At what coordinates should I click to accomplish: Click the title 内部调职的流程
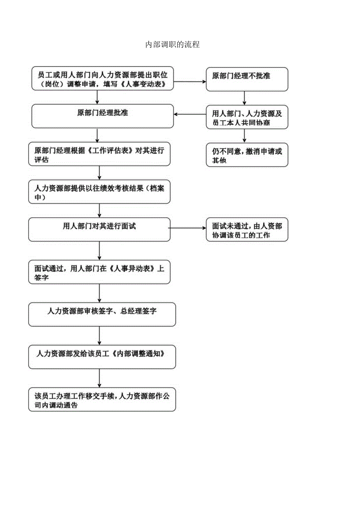pyautogui.click(x=173, y=45)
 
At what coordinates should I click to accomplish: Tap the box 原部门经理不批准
pyautogui.click(x=247, y=79)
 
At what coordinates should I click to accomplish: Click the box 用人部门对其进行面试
pyautogui.click(x=99, y=229)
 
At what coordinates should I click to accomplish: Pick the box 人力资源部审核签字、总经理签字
pyautogui.click(x=102, y=314)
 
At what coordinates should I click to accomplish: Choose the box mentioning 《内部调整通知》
pyautogui.click(x=102, y=356)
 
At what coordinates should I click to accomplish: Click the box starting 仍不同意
pyautogui.click(x=247, y=155)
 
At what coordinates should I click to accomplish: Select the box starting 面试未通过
pyautogui.click(x=247, y=230)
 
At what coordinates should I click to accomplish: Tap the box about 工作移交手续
pyautogui.click(x=102, y=399)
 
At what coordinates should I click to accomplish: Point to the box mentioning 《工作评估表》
pyautogui.click(x=99, y=154)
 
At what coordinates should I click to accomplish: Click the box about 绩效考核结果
pyautogui.click(x=99, y=192)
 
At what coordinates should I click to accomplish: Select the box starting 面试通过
pyautogui.click(x=99, y=272)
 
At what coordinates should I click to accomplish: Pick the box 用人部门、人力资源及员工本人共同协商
pyautogui.click(x=247, y=117)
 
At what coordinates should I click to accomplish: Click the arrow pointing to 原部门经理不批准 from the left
pyautogui.click(x=190, y=82)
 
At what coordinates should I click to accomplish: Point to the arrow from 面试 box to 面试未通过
pyautogui.click(x=188, y=228)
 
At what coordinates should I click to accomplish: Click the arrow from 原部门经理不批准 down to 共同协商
pyautogui.click(x=245, y=98)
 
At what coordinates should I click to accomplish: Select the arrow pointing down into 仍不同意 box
pyautogui.click(x=245, y=135)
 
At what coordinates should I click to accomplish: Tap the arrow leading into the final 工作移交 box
pyautogui.click(x=100, y=378)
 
